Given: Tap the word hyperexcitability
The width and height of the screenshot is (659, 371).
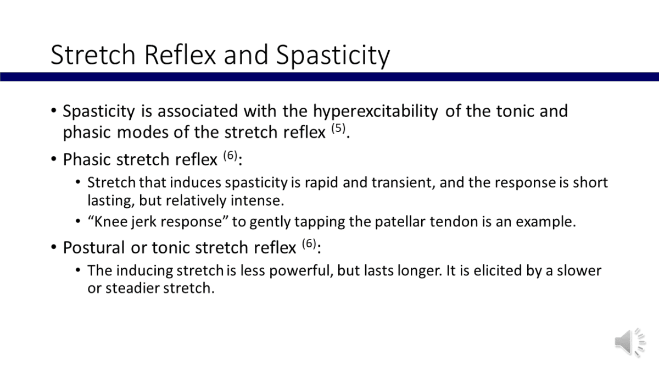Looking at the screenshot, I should (x=376, y=112).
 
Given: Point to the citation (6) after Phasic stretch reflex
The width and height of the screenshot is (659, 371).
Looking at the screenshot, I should (x=230, y=156).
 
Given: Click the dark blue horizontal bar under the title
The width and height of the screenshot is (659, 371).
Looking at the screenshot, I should (x=329, y=77).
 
